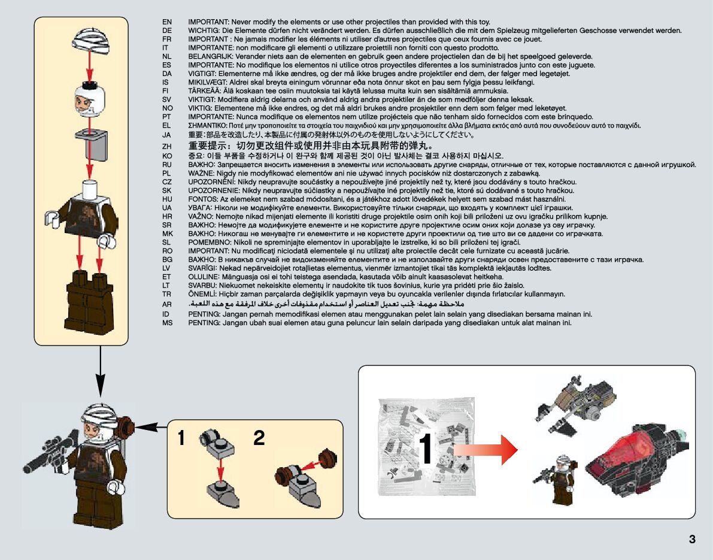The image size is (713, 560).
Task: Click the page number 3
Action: [692, 538]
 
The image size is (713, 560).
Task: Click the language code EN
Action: [167, 22]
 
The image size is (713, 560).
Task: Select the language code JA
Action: [167, 135]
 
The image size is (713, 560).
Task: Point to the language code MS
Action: [167, 322]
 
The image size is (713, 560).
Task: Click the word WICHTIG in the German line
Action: [204, 31]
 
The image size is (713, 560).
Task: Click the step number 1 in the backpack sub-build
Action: [181, 438]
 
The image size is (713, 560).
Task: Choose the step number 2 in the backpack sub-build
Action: [259, 438]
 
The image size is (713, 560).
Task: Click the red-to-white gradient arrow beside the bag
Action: [485, 449]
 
